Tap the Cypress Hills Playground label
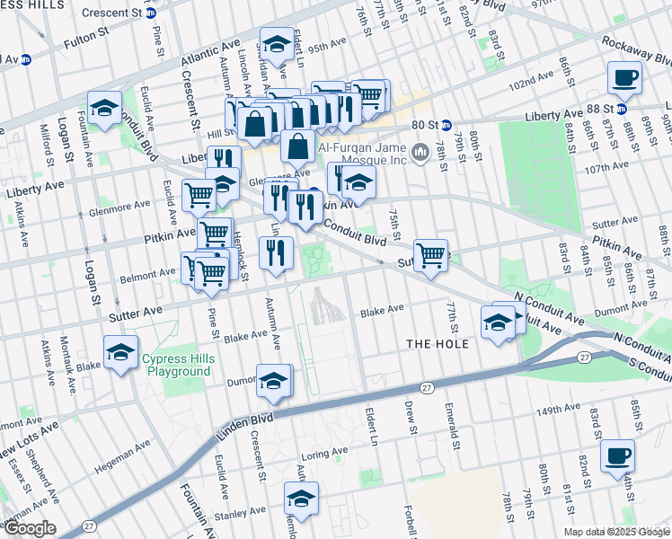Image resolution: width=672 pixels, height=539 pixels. coord(178,366)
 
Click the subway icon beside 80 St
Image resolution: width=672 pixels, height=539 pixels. coord(447,126)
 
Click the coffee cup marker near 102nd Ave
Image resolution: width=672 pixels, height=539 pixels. coord(623,78)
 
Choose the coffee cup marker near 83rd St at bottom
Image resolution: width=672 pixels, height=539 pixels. coord(617,455)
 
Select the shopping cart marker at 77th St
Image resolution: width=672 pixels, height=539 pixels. coord(431,254)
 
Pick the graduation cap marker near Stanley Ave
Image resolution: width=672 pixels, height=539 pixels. coord(302,499)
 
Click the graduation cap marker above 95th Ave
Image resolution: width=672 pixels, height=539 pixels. coord(277,44)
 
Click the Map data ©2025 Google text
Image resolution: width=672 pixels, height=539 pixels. coord(616,532)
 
